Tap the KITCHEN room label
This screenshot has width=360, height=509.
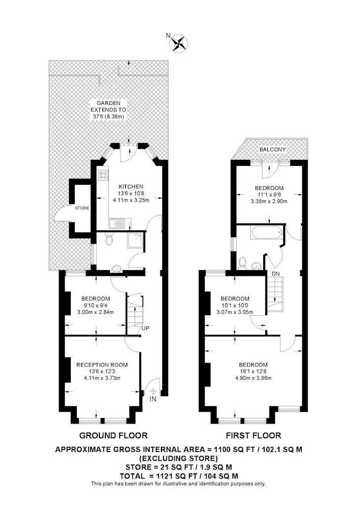(x=131, y=187)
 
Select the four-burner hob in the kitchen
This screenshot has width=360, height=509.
(x=104, y=175)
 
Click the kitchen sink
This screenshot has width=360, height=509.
(x=117, y=224)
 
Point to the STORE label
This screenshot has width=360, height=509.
(x=82, y=208)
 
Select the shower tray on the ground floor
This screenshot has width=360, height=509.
(x=135, y=240)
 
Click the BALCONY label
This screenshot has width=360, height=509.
(x=273, y=150)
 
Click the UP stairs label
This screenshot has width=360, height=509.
(x=146, y=328)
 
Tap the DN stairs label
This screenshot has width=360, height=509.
(x=275, y=274)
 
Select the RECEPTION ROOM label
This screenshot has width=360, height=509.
(x=102, y=365)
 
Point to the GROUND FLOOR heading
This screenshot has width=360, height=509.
(x=113, y=435)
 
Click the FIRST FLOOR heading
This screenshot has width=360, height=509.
(x=254, y=435)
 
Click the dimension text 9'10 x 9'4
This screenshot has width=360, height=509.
(x=95, y=305)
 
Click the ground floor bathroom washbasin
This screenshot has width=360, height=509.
(x=116, y=268)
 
